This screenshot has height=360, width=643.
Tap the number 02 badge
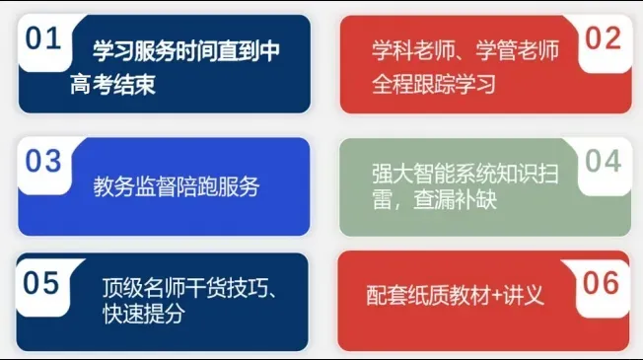(603, 39)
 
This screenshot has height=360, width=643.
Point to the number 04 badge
(603, 161)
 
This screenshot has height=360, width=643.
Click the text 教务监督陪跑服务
(178, 185)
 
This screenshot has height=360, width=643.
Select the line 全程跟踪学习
(434, 84)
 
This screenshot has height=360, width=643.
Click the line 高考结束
(113, 84)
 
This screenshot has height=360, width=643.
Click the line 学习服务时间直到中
(185, 52)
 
